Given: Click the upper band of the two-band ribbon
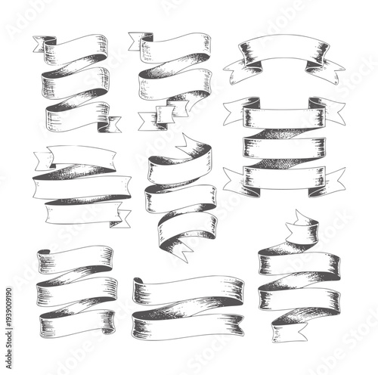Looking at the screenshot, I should tap(189, 287).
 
